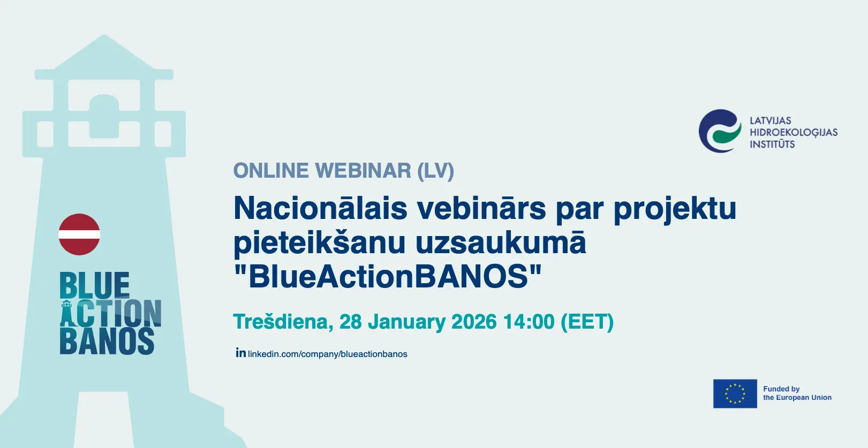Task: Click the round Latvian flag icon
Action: (x=79, y=234)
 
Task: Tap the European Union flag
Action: (x=735, y=393)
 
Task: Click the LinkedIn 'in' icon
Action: (x=240, y=353)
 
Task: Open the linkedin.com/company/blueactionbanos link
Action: (x=327, y=354)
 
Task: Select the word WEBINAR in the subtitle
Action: (x=363, y=171)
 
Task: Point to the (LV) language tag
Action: (x=435, y=171)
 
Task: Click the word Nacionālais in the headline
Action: (x=320, y=208)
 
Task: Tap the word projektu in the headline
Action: (x=675, y=209)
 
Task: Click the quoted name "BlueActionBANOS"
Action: (x=388, y=277)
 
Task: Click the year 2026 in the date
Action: (x=474, y=321)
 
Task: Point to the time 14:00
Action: (x=529, y=321)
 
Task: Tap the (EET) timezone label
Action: (x=587, y=322)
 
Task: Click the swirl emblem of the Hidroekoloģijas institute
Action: (x=720, y=131)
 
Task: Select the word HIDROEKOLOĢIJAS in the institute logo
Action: (x=794, y=132)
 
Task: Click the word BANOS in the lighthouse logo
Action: (x=107, y=341)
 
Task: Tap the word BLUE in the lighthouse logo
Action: (x=95, y=285)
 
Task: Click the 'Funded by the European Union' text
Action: (x=797, y=393)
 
